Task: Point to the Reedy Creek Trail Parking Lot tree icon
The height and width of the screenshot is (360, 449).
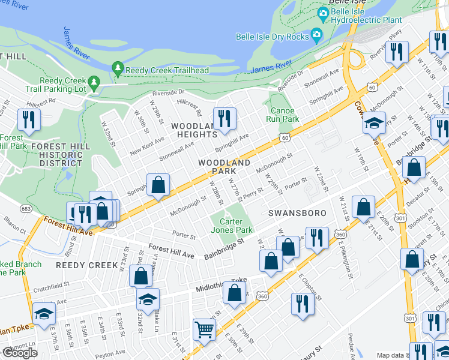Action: click(93, 81)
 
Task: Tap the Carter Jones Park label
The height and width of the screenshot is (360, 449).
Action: click(232, 226)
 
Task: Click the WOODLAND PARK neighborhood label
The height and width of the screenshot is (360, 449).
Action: click(224, 167)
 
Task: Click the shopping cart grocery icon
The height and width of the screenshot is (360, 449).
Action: click(204, 329)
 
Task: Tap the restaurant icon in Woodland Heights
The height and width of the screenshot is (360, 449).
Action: click(224, 118)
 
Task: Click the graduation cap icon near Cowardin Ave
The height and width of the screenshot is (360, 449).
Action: click(373, 123)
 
